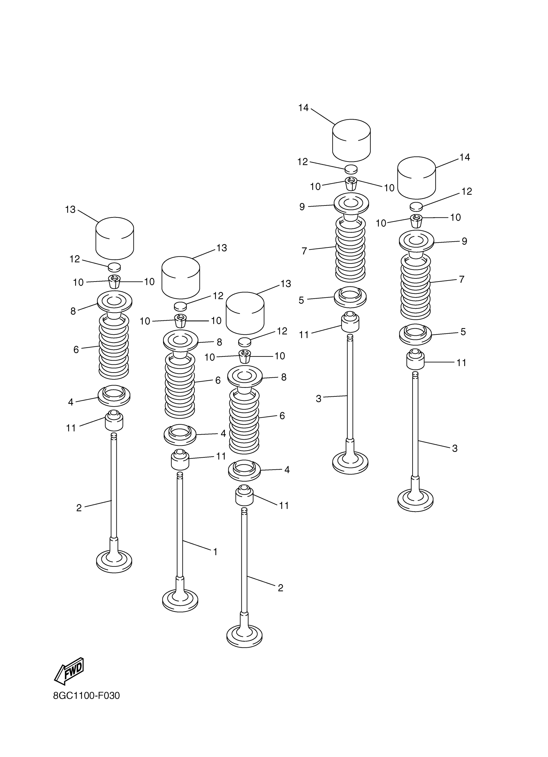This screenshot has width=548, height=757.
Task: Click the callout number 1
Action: tap(215, 552)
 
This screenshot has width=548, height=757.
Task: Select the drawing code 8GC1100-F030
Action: tap(86, 696)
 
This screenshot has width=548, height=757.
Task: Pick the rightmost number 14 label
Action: tap(465, 157)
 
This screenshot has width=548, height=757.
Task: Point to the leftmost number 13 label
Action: tap(70, 210)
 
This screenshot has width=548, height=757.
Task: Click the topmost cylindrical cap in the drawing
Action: tap(351, 140)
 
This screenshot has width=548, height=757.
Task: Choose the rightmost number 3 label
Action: tap(455, 448)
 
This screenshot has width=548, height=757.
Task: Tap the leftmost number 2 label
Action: tap(79, 508)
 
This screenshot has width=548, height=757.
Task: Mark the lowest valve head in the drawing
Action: tap(244, 637)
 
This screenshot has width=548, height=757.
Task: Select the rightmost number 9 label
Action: tap(464, 241)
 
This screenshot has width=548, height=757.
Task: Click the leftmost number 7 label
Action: tap(304, 251)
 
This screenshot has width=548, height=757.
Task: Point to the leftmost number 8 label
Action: tap(73, 311)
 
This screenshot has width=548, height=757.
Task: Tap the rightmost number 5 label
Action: tap(463, 332)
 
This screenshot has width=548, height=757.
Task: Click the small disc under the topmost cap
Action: tap(351, 169)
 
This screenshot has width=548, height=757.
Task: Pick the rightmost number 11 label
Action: tap(461, 363)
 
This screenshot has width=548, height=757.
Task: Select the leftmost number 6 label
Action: tap(76, 349)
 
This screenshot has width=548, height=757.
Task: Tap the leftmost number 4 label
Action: tap(71, 402)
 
